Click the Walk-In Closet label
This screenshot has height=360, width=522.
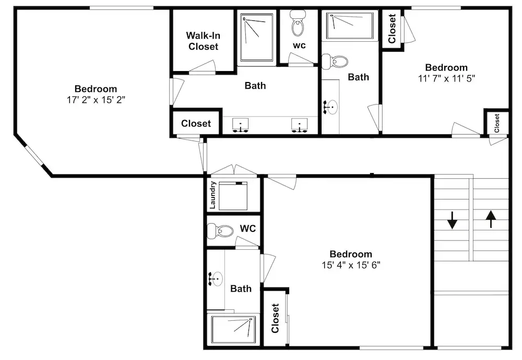pyautogui.click(x=203, y=41)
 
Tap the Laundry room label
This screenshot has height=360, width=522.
pyautogui.click(x=213, y=195)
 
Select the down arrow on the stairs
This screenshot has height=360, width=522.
pyautogui.click(x=452, y=220)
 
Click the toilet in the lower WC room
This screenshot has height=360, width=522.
pyautogui.click(x=220, y=230)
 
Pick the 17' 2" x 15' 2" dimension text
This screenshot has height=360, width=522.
pyautogui.click(x=96, y=100)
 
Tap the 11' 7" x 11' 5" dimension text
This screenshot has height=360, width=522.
pyautogui.click(x=446, y=78)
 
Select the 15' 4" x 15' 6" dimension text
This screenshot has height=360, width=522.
pyautogui.click(x=351, y=265)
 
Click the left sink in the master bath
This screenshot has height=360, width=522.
pyautogui.click(x=240, y=125)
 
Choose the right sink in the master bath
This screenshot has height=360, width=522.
pyautogui.click(x=300, y=125)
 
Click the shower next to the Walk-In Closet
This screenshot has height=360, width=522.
pyautogui.click(x=257, y=37)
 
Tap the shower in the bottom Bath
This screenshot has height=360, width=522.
pyautogui.click(x=234, y=330)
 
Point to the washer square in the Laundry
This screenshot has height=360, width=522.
pyautogui.click(x=233, y=196)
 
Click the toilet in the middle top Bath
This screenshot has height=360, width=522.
pyautogui.click(x=335, y=62)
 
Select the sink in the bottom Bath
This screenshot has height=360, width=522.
pyautogui.click(x=216, y=278)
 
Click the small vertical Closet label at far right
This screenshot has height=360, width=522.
pyautogui.click(x=497, y=123)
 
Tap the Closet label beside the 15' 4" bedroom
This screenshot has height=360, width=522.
pyautogui.click(x=275, y=318)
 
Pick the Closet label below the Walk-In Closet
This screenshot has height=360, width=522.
pyautogui.click(x=196, y=123)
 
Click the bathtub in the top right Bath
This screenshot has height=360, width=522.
pyautogui.click(x=350, y=26)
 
